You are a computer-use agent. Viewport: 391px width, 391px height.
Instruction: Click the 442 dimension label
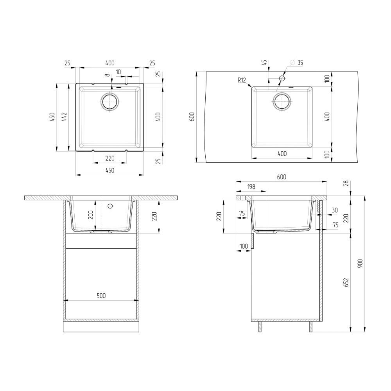(x=65, y=117)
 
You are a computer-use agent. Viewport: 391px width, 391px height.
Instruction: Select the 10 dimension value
(x=118, y=72)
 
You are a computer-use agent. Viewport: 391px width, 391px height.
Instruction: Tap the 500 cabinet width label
(x=101, y=296)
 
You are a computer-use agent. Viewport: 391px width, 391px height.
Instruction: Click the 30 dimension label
(x=334, y=210)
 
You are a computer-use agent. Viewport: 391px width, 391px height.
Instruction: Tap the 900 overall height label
(x=361, y=265)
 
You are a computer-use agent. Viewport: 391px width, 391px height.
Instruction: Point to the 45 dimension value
(x=265, y=63)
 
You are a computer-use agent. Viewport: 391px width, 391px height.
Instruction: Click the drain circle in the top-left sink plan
(x=110, y=102)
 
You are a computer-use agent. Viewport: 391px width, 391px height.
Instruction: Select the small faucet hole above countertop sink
(x=282, y=79)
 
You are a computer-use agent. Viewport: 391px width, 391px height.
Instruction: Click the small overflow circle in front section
(x=110, y=206)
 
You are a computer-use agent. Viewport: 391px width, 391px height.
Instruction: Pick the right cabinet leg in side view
(x=311, y=327)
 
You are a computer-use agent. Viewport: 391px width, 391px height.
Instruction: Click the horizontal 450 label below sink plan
(x=109, y=170)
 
